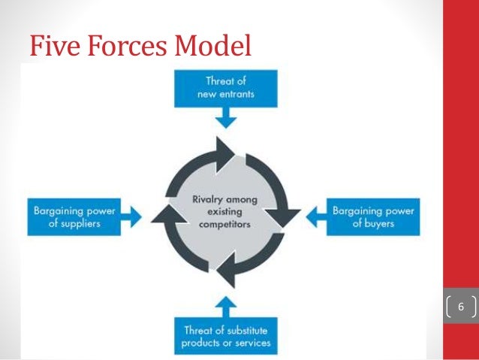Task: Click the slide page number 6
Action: coord(462,307)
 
